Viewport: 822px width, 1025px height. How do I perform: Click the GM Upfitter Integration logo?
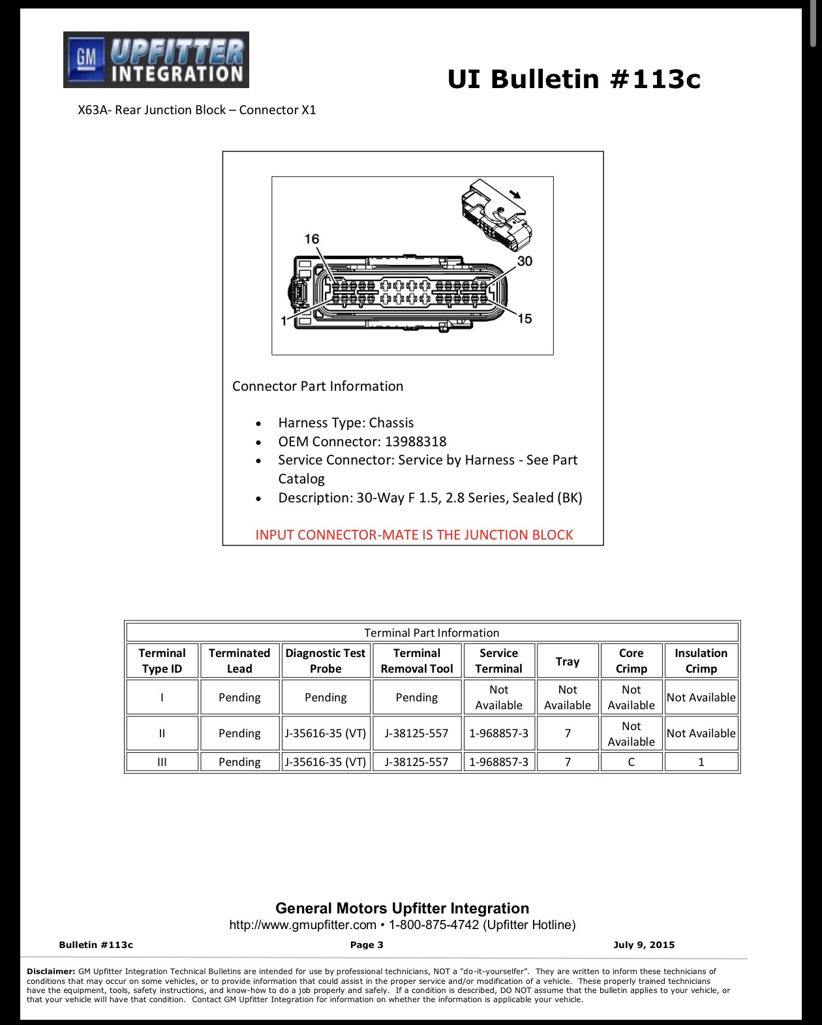(x=156, y=59)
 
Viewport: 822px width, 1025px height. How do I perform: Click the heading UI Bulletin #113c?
(x=574, y=79)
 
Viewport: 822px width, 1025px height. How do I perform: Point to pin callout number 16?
(x=312, y=239)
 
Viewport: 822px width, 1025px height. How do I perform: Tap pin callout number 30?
(x=525, y=261)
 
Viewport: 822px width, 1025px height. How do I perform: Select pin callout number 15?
(x=525, y=318)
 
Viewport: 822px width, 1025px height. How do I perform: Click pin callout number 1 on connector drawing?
(x=284, y=322)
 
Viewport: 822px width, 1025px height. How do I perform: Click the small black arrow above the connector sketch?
(x=515, y=194)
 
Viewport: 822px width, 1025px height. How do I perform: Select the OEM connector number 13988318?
(x=416, y=442)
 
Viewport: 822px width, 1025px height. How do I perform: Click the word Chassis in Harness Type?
(x=391, y=423)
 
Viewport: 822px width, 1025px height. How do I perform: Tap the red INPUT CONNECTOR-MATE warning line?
(x=414, y=535)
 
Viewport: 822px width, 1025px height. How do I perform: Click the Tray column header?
(x=567, y=661)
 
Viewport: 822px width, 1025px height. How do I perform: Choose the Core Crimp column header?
(x=632, y=661)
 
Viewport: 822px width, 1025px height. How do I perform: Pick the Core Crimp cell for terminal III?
(x=632, y=762)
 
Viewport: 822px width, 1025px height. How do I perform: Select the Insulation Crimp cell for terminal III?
(x=701, y=762)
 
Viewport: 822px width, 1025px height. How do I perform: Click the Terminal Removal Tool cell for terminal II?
(x=417, y=733)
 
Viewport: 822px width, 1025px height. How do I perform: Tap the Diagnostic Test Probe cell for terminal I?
(x=326, y=697)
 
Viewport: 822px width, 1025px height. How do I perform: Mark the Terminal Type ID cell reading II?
(x=162, y=733)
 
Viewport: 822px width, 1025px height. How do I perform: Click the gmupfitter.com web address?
(x=303, y=925)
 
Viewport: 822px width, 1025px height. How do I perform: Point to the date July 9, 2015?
(x=644, y=945)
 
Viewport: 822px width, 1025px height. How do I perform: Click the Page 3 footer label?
(x=367, y=945)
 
